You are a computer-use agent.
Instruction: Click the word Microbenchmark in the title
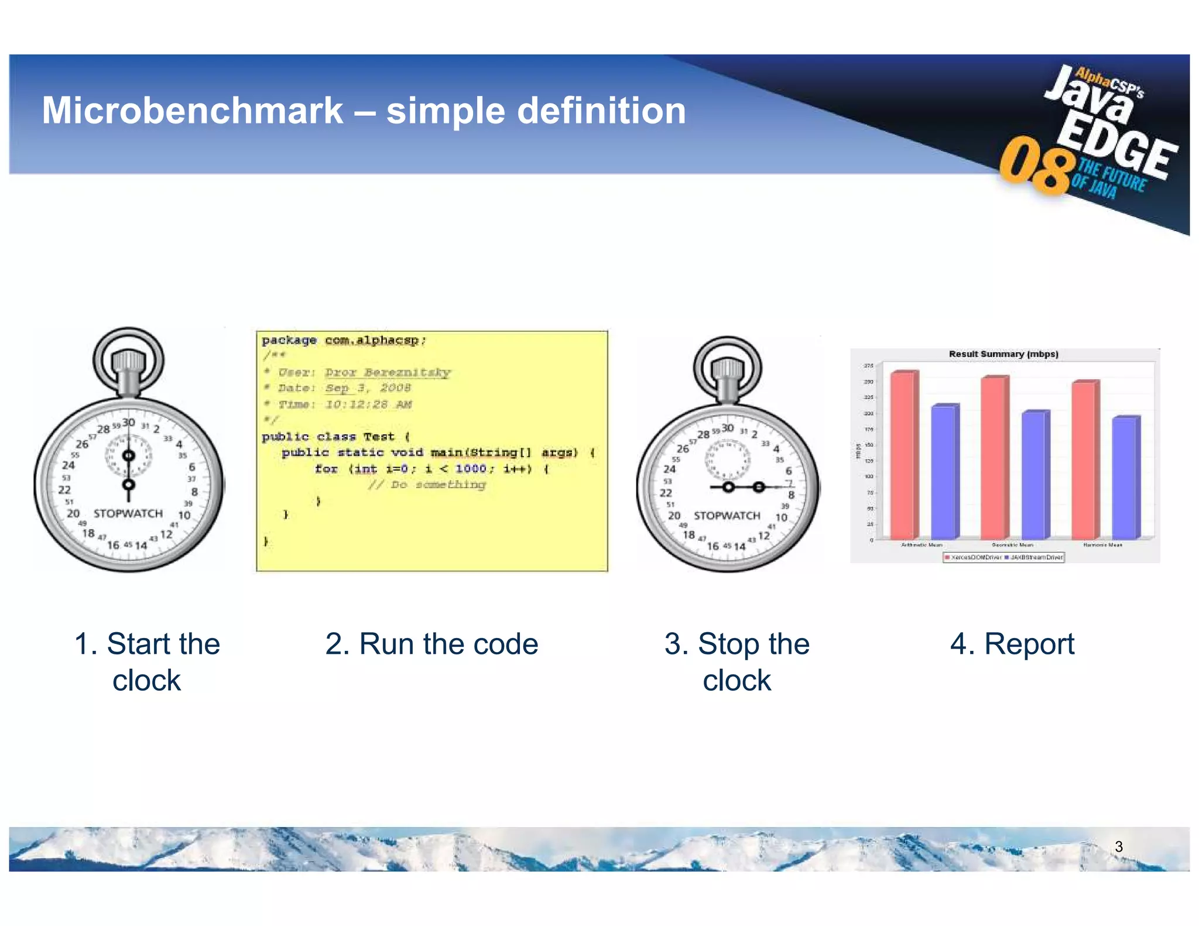(x=192, y=111)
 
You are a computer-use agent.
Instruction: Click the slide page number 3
(x=1118, y=846)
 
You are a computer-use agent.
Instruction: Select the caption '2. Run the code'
(x=431, y=644)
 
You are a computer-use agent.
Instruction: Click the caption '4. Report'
(x=1012, y=644)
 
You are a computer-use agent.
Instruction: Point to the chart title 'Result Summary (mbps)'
(x=1003, y=354)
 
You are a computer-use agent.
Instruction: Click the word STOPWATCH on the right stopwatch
(x=727, y=516)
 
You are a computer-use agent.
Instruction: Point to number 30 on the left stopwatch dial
(x=128, y=423)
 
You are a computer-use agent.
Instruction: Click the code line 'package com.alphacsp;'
(x=344, y=340)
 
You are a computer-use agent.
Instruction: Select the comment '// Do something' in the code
(x=427, y=485)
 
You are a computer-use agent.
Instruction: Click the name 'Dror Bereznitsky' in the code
(x=388, y=372)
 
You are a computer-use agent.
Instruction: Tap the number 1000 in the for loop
(x=471, y=468)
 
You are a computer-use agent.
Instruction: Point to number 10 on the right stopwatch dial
(x=781, y=517)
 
